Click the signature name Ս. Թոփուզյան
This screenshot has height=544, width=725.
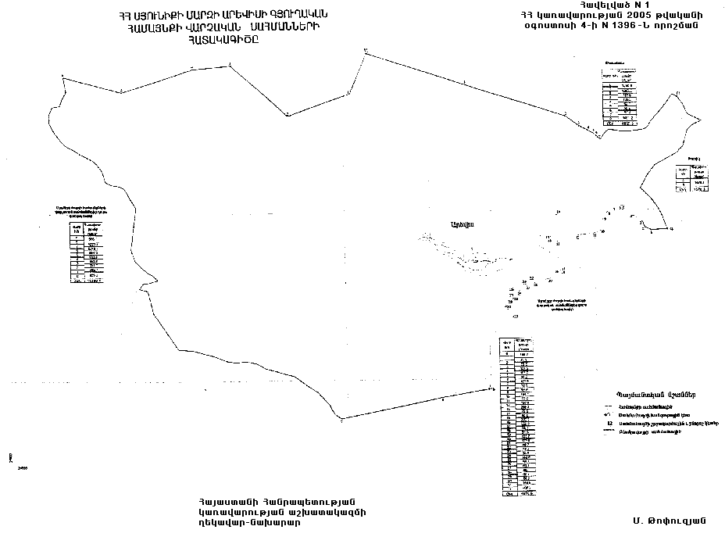670,521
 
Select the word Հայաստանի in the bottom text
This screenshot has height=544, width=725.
230,502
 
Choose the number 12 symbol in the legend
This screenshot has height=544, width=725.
609,423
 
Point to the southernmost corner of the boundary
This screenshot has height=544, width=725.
341,421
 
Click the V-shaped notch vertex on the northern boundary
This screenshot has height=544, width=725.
287,115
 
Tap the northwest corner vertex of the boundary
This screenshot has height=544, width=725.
62,76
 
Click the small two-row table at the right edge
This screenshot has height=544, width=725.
694,179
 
